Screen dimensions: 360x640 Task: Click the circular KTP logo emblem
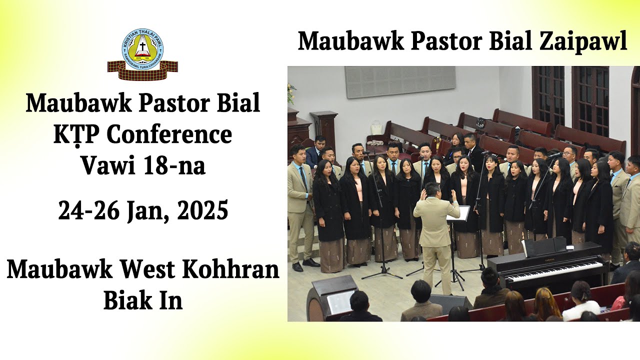coord(143,49)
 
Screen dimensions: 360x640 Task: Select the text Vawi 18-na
coord(143,165)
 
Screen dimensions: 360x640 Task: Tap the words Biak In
coord(143,301)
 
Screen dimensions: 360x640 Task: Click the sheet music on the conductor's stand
coord(459,213)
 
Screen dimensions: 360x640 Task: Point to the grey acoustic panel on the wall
coord(399,81)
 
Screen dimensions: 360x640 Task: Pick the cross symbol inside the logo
coord(143,48)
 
